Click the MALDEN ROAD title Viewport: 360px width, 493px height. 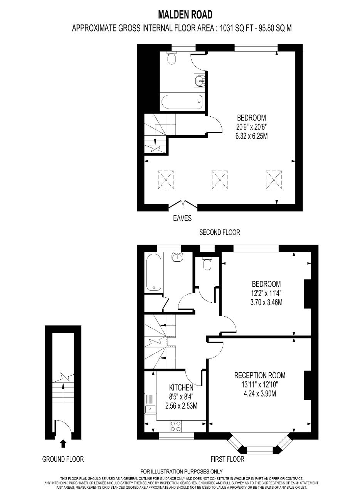(185, 15)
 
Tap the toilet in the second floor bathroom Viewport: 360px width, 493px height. (172, 58)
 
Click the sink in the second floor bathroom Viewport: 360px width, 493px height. (200, 80)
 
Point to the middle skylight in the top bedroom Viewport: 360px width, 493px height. (220, 179)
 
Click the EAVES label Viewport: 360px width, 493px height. (182, 218)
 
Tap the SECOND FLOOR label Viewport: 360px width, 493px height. (220, 232)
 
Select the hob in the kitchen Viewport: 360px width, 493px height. (176, 426)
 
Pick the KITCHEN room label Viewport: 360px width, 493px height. (181, 387)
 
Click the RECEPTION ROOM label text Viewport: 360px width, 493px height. (260, 375)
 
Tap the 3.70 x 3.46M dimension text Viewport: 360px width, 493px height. (266, 302)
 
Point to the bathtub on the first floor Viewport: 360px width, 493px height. (154, 272)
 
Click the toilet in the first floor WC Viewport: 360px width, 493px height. (207, 264)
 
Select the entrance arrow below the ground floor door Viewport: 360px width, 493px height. (63, 444)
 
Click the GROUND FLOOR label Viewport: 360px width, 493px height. (63, 459)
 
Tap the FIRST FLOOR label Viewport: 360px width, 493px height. (227, 459)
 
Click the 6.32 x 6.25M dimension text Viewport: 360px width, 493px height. (252, 136)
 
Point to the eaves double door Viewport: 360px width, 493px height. (183, 204)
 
